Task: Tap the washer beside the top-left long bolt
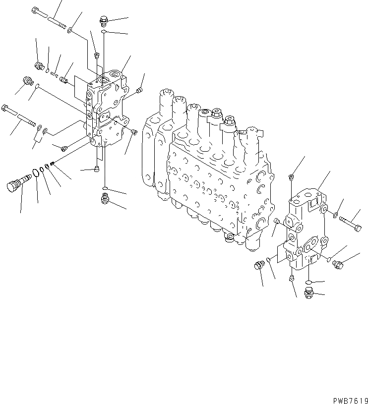pyautogui.click(x=72, y=30)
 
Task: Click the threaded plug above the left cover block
pyautogui.click(x=104, y=21)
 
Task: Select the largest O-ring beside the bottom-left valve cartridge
pyautogui.click(x=35, y=173)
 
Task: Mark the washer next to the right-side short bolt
pyautogui.click(x=336, y=215)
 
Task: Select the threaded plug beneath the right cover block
pyautogui.click(x=308, y=293)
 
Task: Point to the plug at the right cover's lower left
pyautogui.click(x=258, y=265)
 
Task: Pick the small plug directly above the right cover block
pyautogui.click(x=292, y=177)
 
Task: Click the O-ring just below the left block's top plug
pyautogui.click(x=104, y=32)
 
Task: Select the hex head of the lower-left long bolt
pyautogui.click(x=5, y=107)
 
